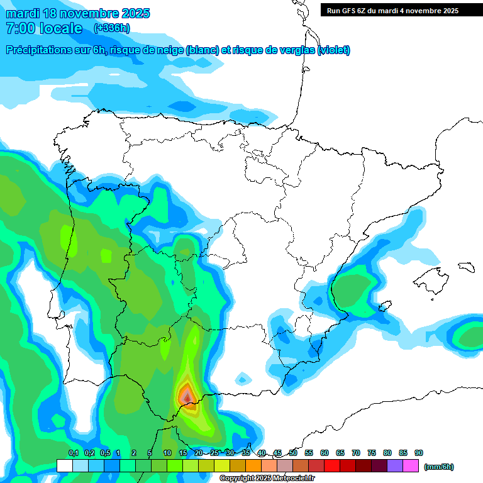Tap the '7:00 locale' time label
(x=44, y=28)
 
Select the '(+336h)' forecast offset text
(x=111, y=28)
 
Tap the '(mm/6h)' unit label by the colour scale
(x=438, y=467)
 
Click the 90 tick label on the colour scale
(x=419, y=453)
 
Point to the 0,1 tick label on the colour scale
(x=73, y=453)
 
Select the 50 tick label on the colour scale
(x=293, y=453)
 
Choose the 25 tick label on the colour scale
(x=214, y=453)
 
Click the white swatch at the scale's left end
(x=64, y=466)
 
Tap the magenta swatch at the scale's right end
(x=411, y=466)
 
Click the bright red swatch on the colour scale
(x=332, y=466)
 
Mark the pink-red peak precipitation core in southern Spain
(x=186, y=396)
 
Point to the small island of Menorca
(x=465, y=267)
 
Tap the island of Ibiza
(x=383, y=308)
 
